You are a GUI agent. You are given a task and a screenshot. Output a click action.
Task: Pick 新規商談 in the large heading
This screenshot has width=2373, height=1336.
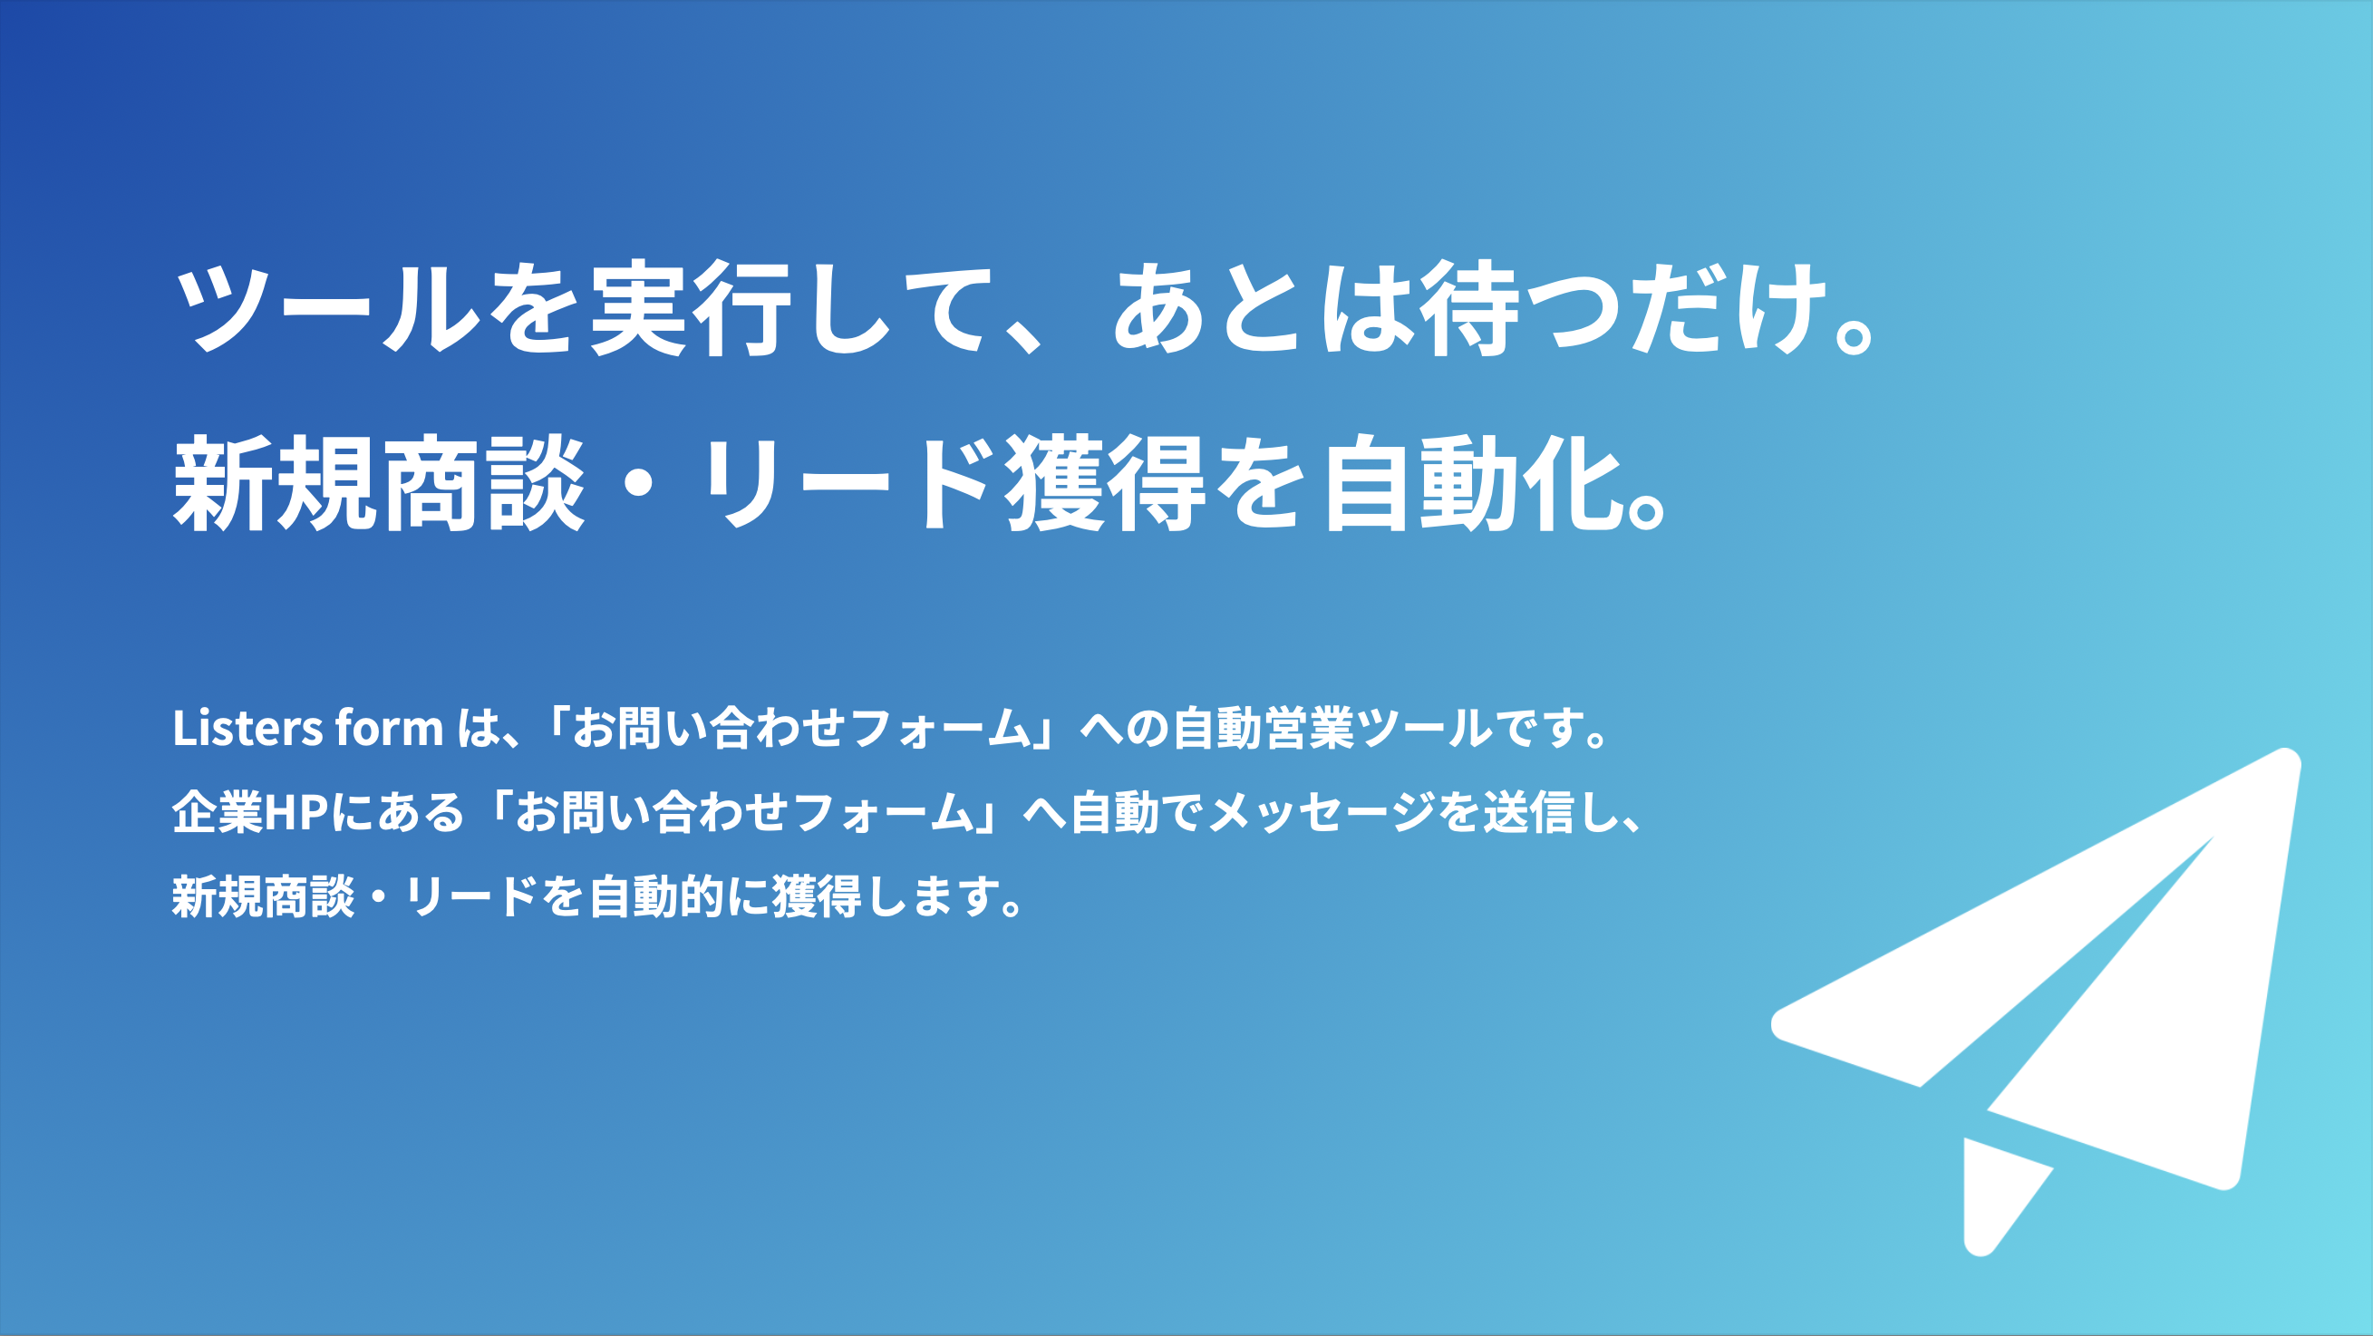(379, 484)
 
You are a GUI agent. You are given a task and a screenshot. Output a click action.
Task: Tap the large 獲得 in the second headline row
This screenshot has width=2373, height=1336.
(1106, 484)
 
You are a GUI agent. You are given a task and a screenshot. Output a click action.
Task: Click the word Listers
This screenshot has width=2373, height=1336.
(247, 728)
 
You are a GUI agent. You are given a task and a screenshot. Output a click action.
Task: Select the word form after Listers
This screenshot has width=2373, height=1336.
(389, 728)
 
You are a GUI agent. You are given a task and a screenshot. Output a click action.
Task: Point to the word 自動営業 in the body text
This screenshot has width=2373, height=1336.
(1262, 728)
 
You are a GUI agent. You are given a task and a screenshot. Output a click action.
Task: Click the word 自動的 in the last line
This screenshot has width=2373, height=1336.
(656, 896)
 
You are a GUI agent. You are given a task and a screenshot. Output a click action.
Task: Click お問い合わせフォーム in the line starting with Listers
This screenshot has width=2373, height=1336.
(800, 728)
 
